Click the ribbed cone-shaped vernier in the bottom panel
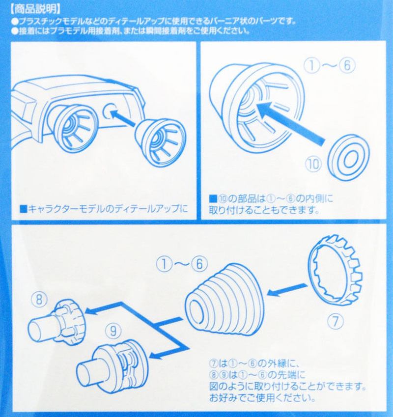225,300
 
